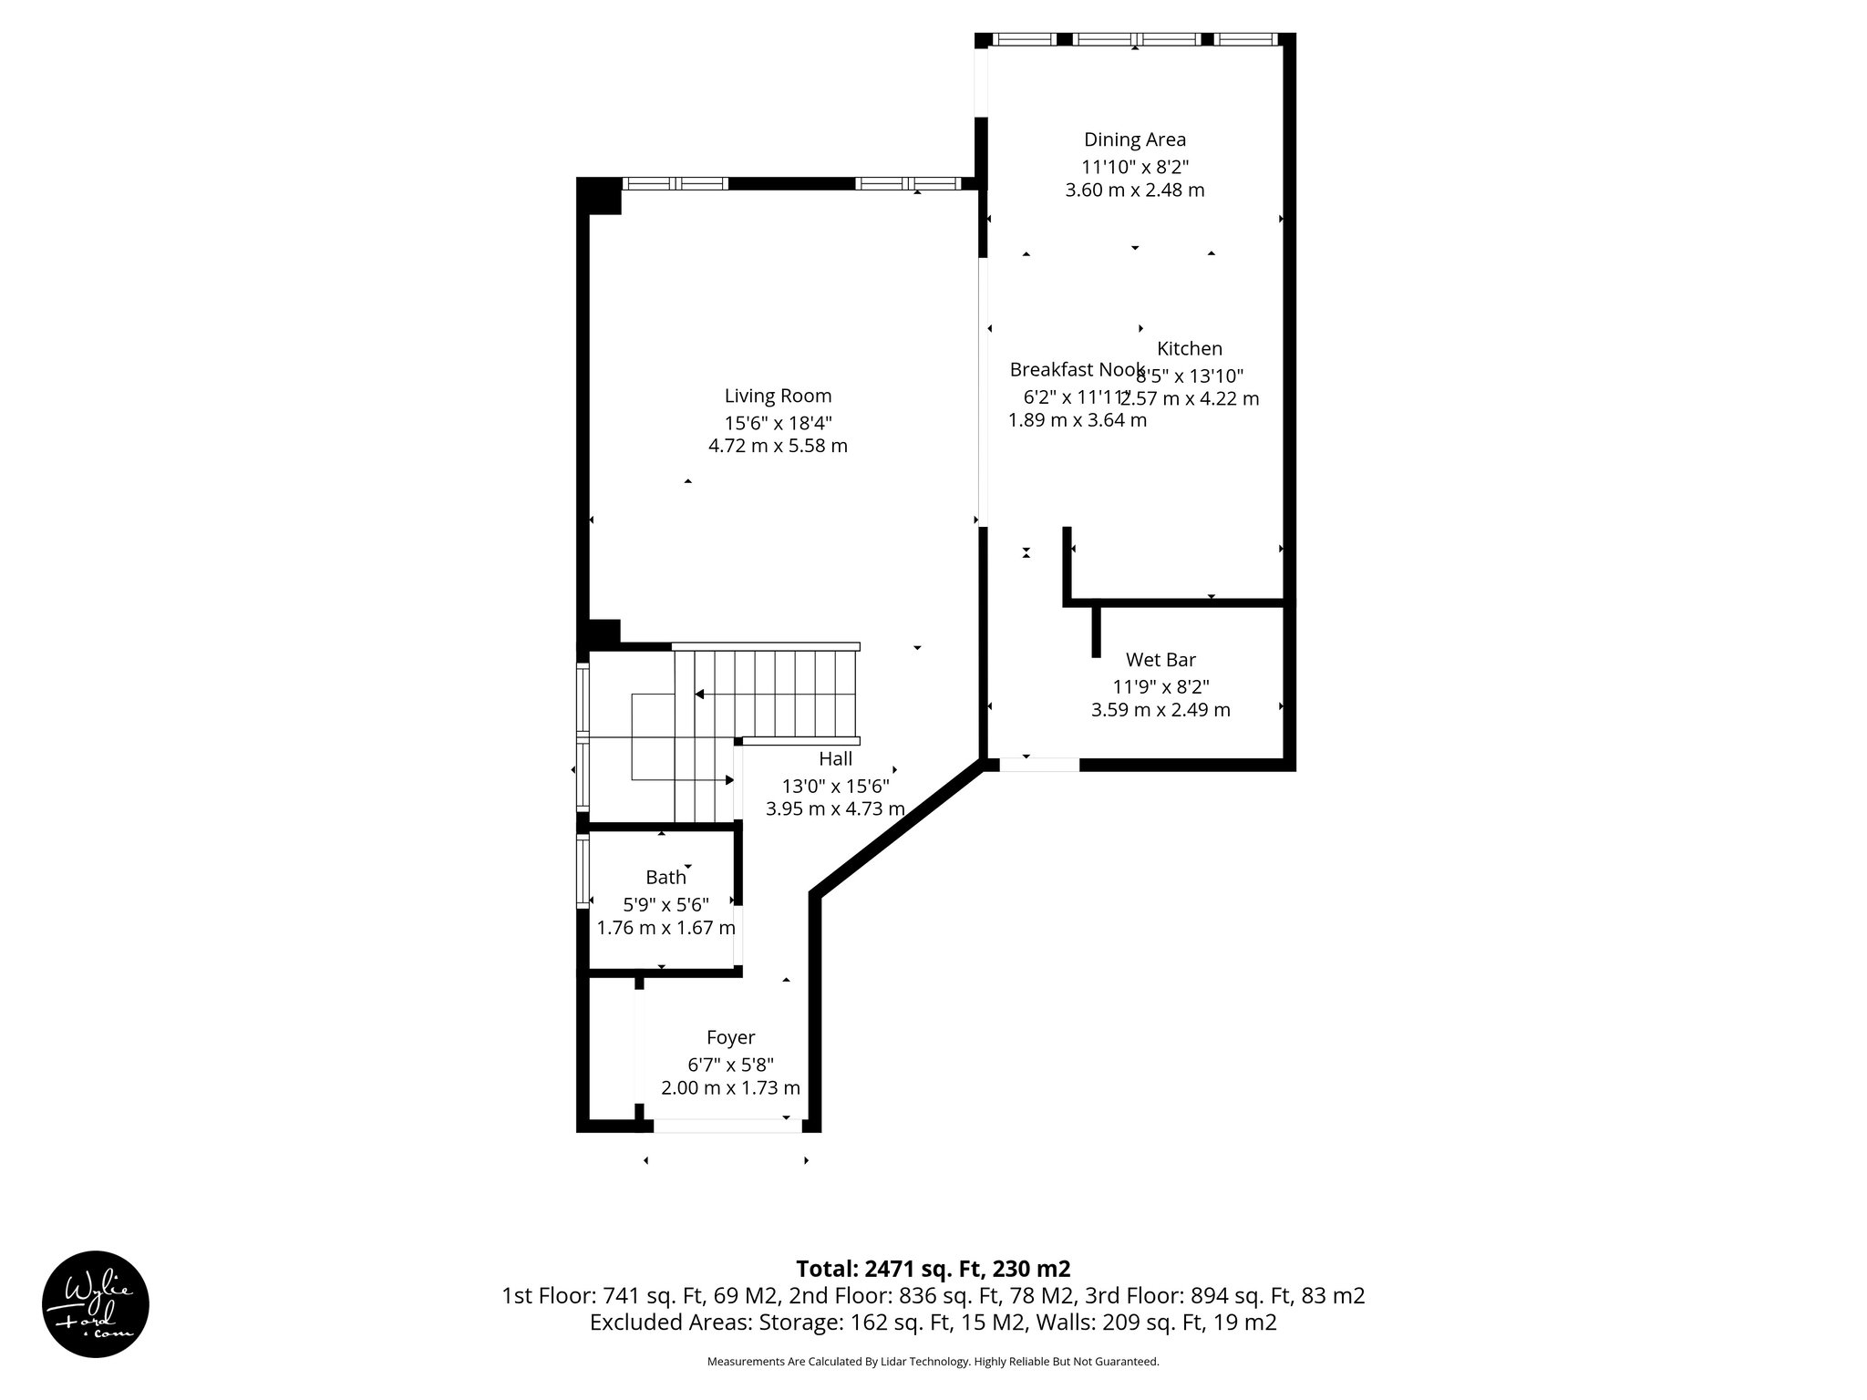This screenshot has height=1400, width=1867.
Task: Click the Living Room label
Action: (778, 396)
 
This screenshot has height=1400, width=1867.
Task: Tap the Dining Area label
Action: (1134, 139)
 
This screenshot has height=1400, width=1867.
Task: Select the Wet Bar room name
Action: (1160, 660)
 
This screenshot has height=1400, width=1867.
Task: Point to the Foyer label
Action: (730, 1037)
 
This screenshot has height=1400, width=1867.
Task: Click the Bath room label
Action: (665, 878)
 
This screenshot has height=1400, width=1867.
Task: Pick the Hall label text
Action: (835, 759)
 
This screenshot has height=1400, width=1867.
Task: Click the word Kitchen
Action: (1189, 348)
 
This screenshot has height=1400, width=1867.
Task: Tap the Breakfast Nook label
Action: (1076, 370)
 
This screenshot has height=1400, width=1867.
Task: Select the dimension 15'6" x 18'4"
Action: (778, 423)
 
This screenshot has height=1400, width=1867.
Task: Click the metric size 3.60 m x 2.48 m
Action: (1134, 190)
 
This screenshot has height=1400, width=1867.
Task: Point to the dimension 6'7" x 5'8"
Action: (730, 1064)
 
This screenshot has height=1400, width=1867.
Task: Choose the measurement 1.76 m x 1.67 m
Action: (665, 928)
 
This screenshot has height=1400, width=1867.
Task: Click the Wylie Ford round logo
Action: (96, 1304)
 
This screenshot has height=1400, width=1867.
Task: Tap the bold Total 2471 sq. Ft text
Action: (933, 1269)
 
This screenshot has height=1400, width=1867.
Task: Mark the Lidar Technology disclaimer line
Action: (933, 1362)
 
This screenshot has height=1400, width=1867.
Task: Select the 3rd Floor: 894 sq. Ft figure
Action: (1224, 1296)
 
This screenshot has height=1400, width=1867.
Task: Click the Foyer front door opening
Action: (727, 1126)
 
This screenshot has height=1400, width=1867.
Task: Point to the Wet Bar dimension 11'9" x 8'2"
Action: (1160, 687)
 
